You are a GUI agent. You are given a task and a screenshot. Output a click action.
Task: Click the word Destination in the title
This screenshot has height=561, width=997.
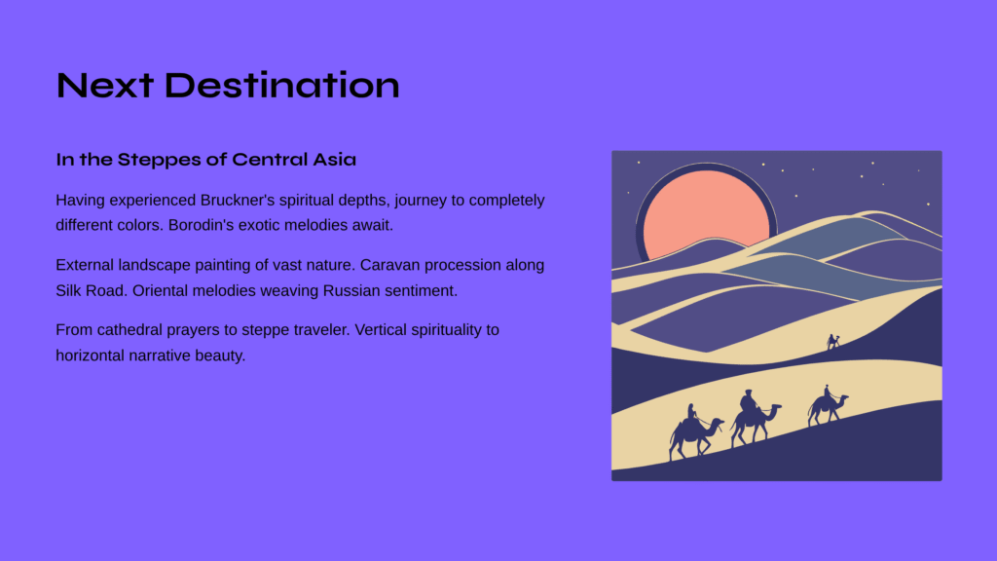(x=281, y=86)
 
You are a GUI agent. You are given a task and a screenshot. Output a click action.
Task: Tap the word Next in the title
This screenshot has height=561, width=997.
(x=105, y=86)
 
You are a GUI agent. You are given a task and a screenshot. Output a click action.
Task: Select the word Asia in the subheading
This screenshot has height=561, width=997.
(x=334, y=159)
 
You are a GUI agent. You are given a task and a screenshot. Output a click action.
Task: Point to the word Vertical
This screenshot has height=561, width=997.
(x=381, y=330)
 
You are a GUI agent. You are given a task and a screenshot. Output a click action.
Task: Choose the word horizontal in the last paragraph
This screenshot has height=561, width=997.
(x=91, y=355)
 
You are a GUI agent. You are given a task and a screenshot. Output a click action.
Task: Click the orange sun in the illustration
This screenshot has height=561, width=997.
(x=705, y=211)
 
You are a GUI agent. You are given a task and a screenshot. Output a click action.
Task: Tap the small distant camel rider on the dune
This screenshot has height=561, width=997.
(x=832, y=342)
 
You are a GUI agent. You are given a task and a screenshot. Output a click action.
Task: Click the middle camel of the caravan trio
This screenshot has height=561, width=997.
(x=755, y=419)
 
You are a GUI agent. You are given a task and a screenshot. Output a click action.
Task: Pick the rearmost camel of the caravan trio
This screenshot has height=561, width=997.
(x=695, y=432)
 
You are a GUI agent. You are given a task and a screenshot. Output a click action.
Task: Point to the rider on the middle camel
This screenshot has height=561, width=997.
(x=749, y=403)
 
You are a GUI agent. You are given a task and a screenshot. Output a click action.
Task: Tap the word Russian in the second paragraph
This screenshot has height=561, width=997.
(x=351, y=290)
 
